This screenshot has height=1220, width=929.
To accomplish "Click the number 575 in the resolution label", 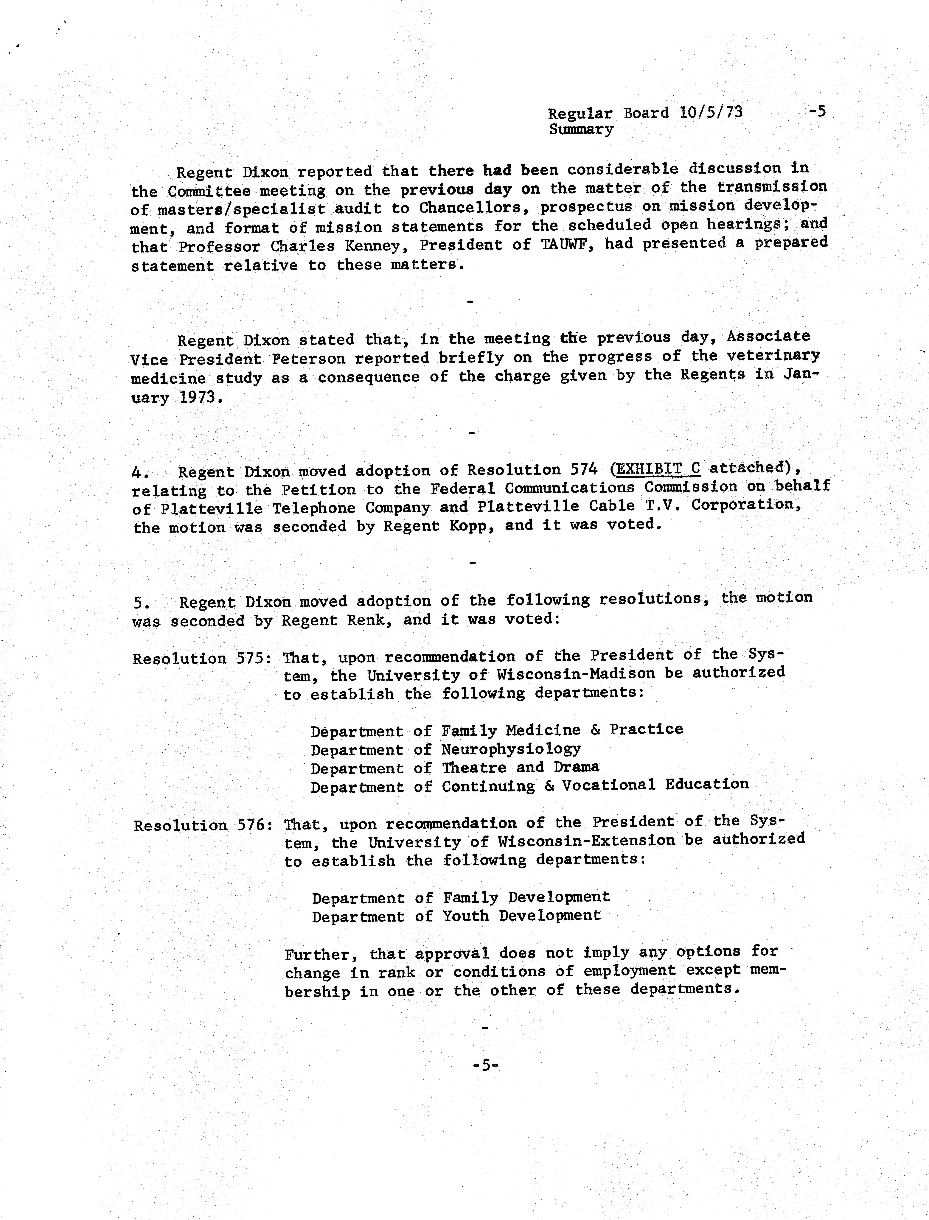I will click(x=252, y=658).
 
